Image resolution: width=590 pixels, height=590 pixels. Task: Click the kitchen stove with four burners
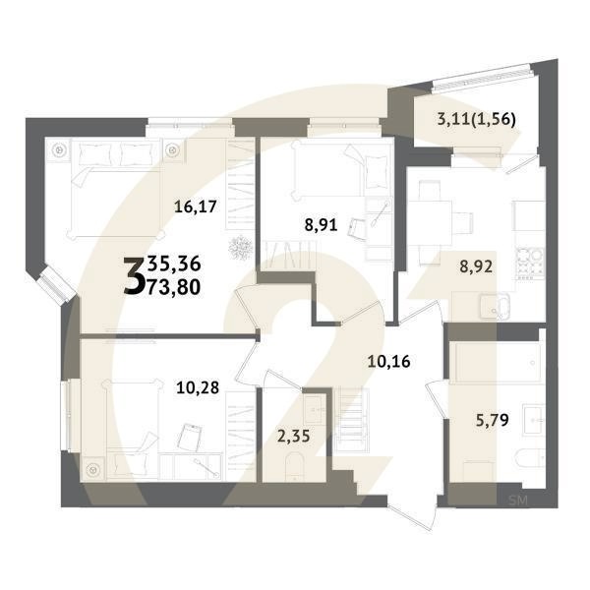click(x=531, y=259)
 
